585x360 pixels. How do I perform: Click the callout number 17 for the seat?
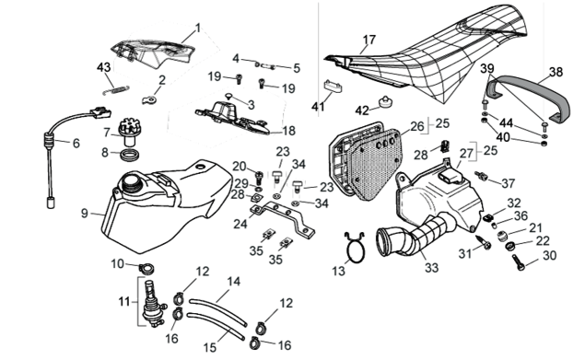click(x=369, y=40)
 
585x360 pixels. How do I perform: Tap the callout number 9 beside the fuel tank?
click(x=85, y=214)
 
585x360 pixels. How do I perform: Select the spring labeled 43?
click(x=116, y=90)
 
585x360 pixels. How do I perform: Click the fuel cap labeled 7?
click(x=128, y=132)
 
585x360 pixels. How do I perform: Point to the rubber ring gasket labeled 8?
click(x=129, y=154)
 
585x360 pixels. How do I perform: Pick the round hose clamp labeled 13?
click(x=355, y=247)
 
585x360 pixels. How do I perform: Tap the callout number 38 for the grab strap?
click(x=556, y=72)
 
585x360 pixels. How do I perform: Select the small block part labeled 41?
click(x=333, y=87)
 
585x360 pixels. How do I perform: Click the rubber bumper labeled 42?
click(x=384, y=102)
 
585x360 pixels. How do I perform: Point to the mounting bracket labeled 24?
click(x=283, y=219)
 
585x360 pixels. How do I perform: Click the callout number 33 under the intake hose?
click(x=432, y=268)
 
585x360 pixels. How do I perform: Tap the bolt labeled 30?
click(x=519, y=261)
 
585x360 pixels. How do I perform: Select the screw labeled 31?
click(x=485, y=242)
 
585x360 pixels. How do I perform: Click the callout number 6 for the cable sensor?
click(x=76, y=143)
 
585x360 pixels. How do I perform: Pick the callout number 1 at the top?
click(x=198, y=28)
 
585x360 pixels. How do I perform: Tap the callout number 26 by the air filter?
click(x=417, y=126)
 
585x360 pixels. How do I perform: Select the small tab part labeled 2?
click(x=149, y=99)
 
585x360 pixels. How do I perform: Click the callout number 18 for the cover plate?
click(x=288, y=131)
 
